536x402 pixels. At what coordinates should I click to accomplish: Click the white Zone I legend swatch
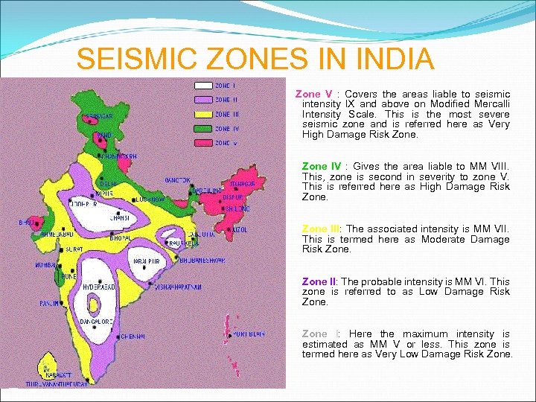pos(203,86)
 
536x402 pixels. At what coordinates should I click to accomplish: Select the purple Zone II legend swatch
pos(203,100)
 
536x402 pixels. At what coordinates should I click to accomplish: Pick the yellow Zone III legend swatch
pos(203,115)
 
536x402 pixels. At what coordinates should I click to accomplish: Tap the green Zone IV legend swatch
pos(203,129)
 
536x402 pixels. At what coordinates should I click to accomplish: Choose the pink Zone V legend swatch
pos(203,143)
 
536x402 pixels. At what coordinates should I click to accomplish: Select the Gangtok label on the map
pos(179,180)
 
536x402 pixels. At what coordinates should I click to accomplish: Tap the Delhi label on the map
pos(109,183)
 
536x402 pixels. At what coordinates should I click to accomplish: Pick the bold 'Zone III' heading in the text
pos(321,229)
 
